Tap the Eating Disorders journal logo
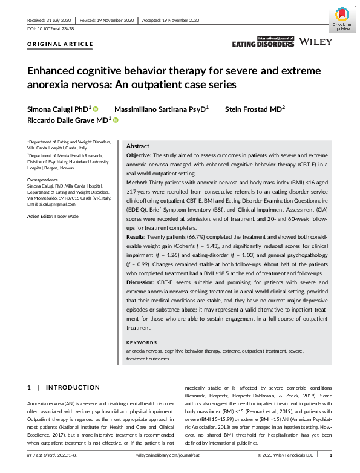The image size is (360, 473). (263, 41)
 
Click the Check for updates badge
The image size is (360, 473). (342, 19)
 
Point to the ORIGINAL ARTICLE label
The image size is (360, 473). (60, 44)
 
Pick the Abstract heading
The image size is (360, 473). (138, 146)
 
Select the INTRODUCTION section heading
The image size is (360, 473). (73, 387)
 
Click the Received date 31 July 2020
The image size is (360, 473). (53, 20)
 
